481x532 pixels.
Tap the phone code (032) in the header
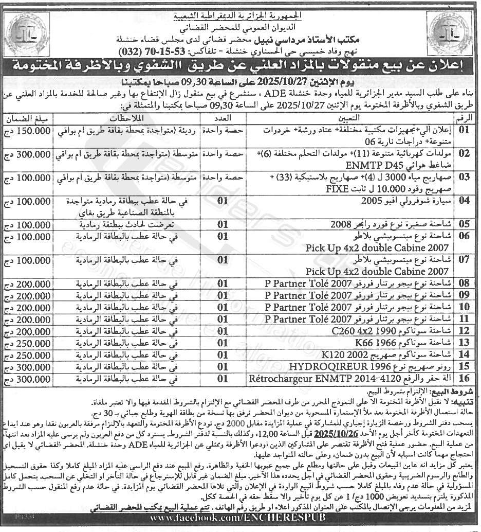coord(132,52)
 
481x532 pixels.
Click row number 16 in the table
coord(465,379)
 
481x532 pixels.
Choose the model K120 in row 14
coord(331,355)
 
